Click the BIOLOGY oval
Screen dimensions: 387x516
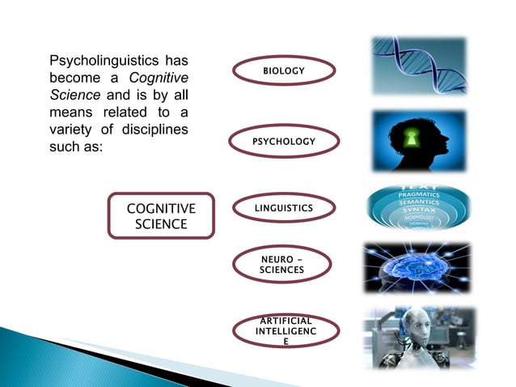coord(284,71)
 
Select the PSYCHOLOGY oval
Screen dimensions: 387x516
coord(284,142)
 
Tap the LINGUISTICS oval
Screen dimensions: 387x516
coord(284,210)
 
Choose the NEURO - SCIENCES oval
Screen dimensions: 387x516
coord(284,264)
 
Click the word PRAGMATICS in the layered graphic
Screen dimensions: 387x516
coord(418,195)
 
